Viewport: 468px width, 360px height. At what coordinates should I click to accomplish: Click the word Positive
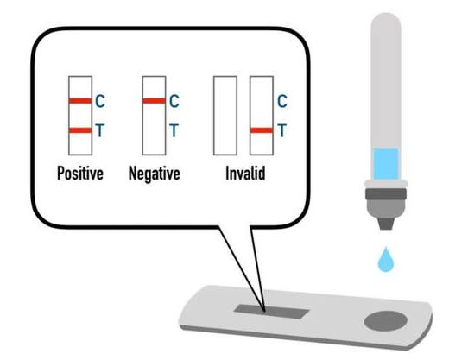point(80,174)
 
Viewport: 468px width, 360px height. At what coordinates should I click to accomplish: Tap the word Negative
point(155,174)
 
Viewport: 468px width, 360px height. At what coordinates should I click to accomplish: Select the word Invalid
point(245,173)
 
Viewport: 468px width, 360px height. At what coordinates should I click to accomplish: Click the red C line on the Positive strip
point(80,101)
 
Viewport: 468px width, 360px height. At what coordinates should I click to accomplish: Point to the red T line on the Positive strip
point(80,130)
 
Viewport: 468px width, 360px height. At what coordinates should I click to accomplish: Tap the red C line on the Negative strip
point(154,101)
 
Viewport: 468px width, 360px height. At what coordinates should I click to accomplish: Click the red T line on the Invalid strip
point(262,130)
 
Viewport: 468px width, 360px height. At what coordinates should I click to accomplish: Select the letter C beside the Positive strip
point(100,101)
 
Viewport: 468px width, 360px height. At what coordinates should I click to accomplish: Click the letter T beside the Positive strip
point(99,130)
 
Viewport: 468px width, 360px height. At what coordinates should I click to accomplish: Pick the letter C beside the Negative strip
point(174,101)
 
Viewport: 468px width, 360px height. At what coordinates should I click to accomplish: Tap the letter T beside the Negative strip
point(174,130)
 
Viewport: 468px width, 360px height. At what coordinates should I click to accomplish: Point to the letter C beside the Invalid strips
point(282,101)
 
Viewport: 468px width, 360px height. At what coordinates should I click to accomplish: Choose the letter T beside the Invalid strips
point(282,130)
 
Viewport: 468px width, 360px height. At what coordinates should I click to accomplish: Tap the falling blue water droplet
point(386,260)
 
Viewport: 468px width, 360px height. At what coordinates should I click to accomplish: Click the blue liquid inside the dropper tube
point(386,163)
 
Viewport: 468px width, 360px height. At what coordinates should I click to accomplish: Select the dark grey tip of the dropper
point(386,224)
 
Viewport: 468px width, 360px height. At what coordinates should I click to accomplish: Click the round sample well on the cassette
point(386,321)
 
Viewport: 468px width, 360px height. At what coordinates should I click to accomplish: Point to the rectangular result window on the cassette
point(271,312)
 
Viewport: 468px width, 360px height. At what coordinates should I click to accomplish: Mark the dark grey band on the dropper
point(386,194)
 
